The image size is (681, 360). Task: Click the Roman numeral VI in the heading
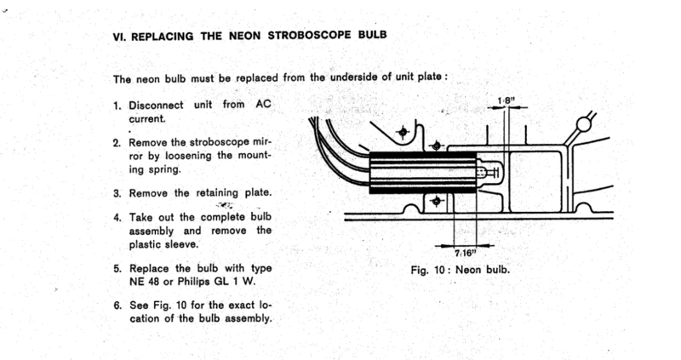[x=119, y=37]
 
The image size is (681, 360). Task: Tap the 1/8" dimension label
[x=506, y=101]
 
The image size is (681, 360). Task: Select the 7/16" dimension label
[x=466, y=254]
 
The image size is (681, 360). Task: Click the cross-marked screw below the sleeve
[x=437, y=202]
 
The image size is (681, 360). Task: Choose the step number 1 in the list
[x=117, y=106]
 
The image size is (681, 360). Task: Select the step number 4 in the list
[x=117, y=217]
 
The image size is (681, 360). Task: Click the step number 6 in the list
[x=117, y=305]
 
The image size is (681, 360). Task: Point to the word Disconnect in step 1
[x=155, y=106]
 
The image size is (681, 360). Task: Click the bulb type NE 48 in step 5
[x=143, y=283]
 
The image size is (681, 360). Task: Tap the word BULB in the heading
[x=377, y=37]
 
